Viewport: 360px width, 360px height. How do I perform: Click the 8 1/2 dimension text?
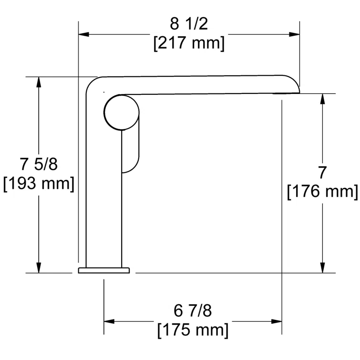coord(189,24)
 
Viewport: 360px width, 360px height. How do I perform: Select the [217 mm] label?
coord(189,43)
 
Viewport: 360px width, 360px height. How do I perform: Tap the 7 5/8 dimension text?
coord(39,165)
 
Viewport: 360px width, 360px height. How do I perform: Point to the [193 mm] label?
coord(39,184)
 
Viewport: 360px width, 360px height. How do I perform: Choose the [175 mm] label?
coord(193,329)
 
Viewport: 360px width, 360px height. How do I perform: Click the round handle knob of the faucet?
coord(121,113)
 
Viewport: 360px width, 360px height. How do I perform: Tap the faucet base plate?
coord(104,270)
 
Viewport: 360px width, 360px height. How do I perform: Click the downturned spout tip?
coord(297,89)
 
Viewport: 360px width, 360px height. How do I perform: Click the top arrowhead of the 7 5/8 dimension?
coord(39,82)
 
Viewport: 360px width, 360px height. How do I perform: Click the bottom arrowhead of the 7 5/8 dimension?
coord(39,268)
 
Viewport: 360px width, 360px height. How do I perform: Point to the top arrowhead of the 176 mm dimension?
coord(323,98)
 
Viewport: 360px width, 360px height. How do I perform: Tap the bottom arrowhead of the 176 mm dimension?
coord(323,268)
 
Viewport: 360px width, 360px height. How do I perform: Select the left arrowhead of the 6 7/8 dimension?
coord(109,320)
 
